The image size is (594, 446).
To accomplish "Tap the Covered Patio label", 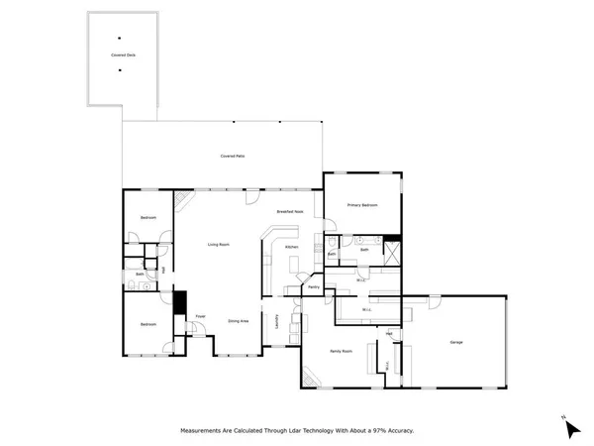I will pos(234,157).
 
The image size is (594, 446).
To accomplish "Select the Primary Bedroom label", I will pos(362,205).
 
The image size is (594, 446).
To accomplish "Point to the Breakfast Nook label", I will pos(290,212).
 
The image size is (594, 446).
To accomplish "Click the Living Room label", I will pos(218,244).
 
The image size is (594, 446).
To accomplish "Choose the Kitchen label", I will pos(291,246).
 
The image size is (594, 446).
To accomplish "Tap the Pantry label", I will pos(313,287).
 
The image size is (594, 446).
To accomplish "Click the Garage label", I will pos(456,342).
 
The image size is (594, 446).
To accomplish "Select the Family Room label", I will pos(341,352).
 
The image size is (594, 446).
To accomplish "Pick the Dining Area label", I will pos(238,321).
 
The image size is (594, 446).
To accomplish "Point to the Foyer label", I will pos(199,316).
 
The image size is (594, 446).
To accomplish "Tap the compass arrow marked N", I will pos(570,427).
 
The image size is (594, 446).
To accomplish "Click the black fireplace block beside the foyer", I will pos(179,302).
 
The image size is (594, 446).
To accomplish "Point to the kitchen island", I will pos(295,264).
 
